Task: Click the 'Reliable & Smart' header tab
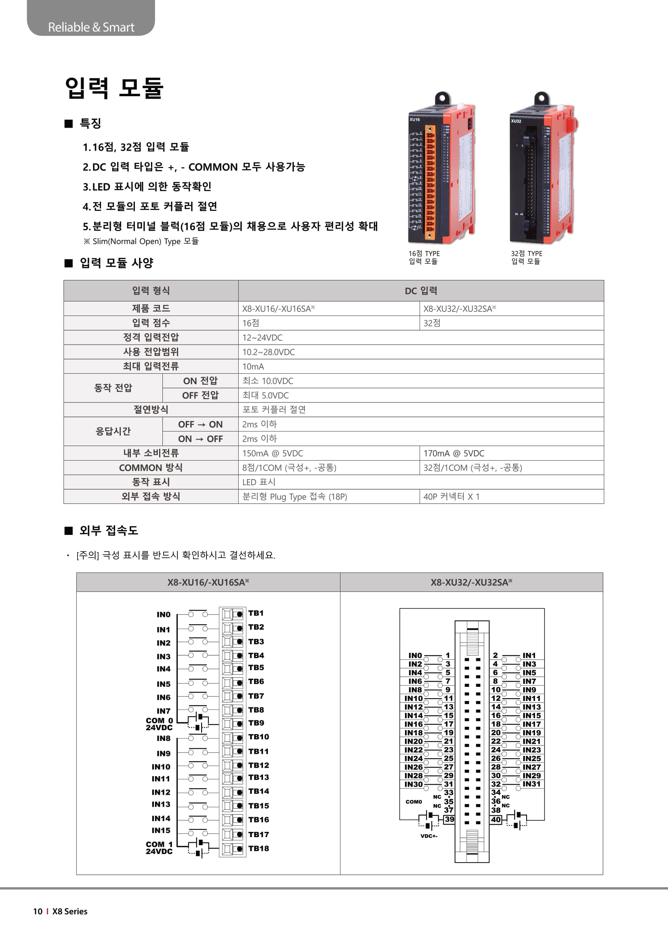91,27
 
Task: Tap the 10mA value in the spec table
253,366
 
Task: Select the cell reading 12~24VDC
262,337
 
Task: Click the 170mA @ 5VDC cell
454,453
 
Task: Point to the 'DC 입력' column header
421,290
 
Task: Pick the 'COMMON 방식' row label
151,467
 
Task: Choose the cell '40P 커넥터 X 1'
451,497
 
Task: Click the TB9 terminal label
256,723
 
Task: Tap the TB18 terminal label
258,848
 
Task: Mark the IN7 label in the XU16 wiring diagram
163,711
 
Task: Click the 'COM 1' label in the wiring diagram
159,844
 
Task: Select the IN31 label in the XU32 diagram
531,784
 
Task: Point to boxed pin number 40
496,819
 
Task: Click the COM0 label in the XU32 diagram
414,802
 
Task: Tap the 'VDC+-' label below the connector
429,836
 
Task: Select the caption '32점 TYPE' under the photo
527,254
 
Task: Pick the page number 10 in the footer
38,911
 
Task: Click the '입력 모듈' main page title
114,88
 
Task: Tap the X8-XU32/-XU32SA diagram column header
471,582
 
